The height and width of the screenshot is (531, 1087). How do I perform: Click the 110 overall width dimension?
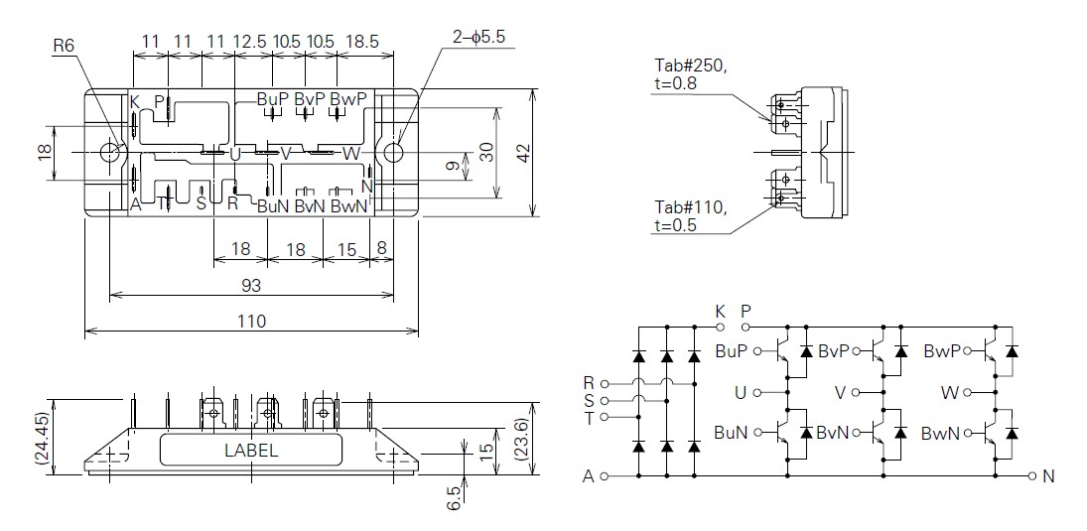tap(252, 322)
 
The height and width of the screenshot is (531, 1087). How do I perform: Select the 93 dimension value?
tap(251, 286)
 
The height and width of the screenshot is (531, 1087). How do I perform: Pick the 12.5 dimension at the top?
tap(250, 41)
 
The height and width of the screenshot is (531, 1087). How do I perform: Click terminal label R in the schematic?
tap(590, 382)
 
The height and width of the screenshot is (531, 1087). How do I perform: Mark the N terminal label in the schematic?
tap(1048, 476)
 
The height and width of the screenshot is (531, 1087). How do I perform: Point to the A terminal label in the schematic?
tap(589, 476)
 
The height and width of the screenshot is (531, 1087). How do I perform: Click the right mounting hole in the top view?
tap(394, 152)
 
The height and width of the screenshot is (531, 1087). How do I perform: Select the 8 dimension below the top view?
tap(381, 248)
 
